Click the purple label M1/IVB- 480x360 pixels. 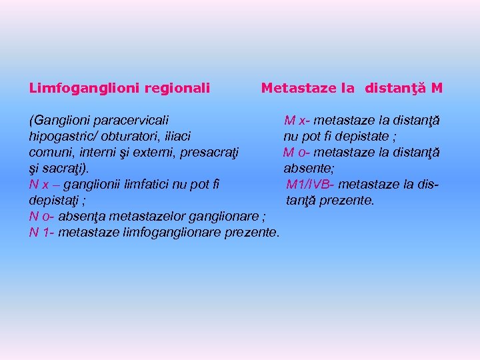(x=310, y=185)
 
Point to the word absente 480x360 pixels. (x=309, y=169)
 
